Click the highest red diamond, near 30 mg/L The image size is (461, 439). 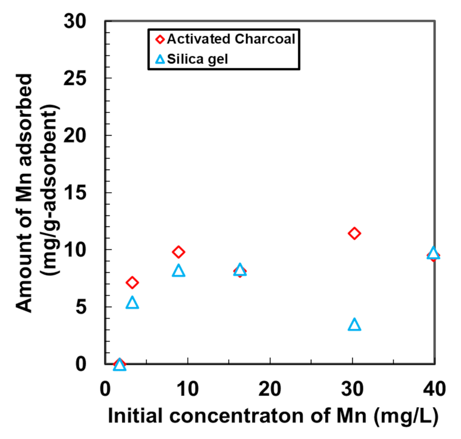click(354, 233)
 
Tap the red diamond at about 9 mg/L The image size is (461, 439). click(179, 252)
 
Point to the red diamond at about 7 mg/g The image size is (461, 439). click(132, 282)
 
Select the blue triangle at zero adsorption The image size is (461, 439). click(120, 365)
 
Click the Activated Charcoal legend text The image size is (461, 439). click(231, 39)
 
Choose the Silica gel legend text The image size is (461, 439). click(197, 59)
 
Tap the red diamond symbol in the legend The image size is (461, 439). click(160, 40)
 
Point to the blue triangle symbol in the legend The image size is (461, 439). click(160, 60)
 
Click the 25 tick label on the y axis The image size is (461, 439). click(75, 78)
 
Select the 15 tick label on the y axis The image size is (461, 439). click(75, 193)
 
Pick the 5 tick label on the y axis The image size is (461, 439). click(81, 307)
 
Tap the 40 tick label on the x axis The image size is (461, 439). click(434, 389)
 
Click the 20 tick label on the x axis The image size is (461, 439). click(270, 389)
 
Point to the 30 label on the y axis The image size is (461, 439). click(75, 21)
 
